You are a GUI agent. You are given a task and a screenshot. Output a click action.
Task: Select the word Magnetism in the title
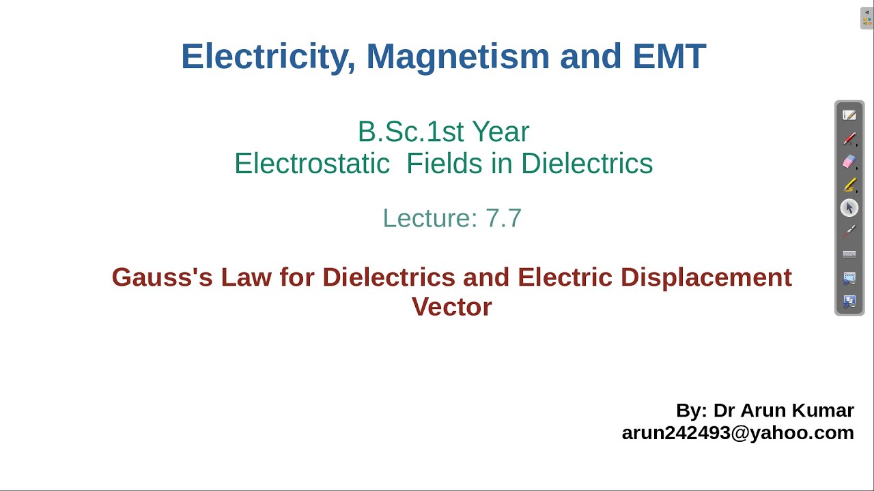(x=457, y=57)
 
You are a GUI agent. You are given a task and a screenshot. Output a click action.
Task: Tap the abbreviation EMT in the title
(x=668, y=57)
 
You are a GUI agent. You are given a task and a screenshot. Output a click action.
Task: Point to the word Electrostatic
(x=312, y=164)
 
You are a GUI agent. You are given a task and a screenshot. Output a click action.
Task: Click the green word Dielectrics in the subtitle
(x=587, y=164)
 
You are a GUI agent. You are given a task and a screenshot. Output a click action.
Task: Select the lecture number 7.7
(x=503, y=218)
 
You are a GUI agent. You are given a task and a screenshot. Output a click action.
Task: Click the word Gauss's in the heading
(x=162, y=278)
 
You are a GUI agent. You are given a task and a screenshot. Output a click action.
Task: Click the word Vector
(x=451, y=307)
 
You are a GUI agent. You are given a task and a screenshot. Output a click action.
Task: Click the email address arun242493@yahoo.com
(x=737, y=433)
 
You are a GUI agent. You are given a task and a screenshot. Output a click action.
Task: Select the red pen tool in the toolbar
(x=849, y=139)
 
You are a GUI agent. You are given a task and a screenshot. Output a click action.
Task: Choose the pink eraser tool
(x=849, y=162)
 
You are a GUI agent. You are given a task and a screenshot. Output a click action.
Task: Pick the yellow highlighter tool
(x=849, y=185)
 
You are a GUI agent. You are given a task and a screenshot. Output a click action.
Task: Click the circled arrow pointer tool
(x=849, y=208)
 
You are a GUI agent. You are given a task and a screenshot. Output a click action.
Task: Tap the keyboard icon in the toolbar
(x=849, y=254)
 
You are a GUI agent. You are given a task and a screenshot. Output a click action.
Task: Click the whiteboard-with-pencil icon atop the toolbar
(x=849, y=116)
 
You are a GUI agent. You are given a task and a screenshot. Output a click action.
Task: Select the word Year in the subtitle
(x=502, y=132)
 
